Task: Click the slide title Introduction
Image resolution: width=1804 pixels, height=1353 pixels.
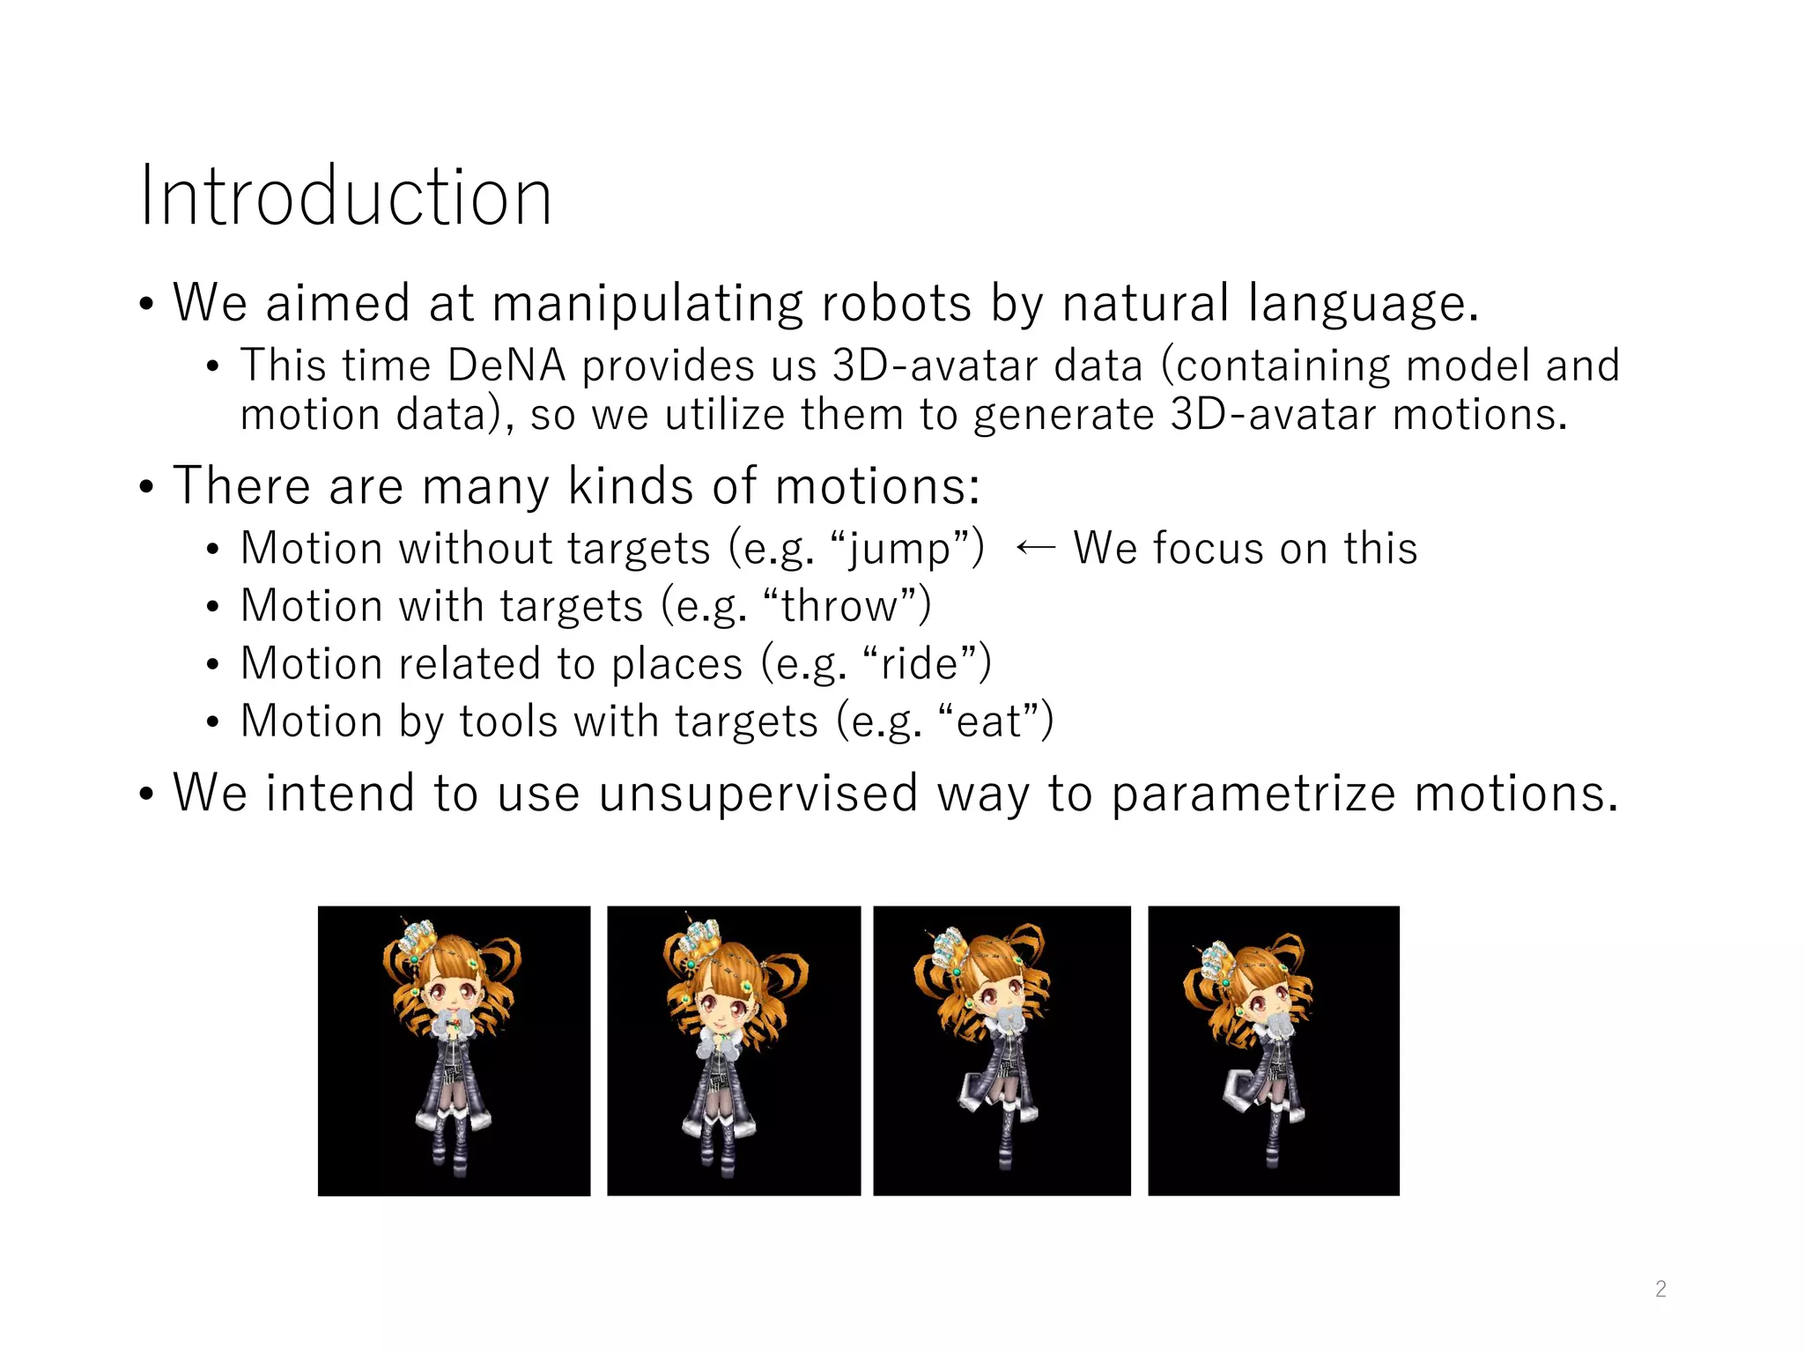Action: coord(345,196)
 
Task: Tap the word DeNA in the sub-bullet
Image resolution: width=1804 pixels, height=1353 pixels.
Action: coord(506,366)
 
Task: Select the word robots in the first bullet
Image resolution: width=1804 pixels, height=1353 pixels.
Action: coord(896,303)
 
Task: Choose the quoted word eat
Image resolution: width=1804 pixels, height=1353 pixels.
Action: coord(988,721)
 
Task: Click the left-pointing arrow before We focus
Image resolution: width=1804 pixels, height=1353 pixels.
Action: coord(1034,549)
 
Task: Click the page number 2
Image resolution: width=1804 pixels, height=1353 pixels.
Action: coord(1660,1289)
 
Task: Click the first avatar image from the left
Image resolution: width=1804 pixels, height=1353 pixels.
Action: coord(454,1050)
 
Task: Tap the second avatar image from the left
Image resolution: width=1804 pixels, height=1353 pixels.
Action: coord(734,1050)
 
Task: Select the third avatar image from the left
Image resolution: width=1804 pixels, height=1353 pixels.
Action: coord(1002,1050)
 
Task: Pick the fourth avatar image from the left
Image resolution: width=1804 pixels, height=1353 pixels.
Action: coord(1273,1050)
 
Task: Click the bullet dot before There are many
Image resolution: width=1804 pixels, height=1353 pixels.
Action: coord(146,487)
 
